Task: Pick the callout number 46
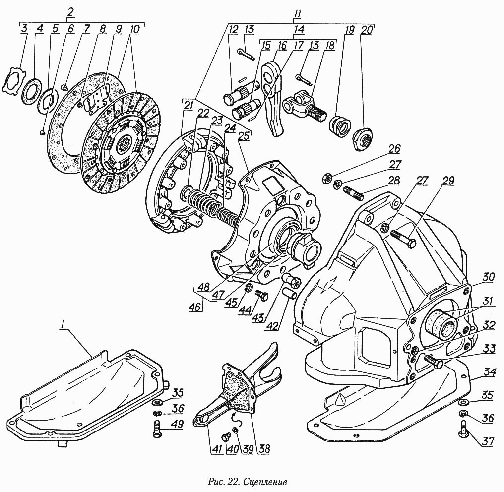[x=195, y=307]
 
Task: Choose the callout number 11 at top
[x=297, y=13]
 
